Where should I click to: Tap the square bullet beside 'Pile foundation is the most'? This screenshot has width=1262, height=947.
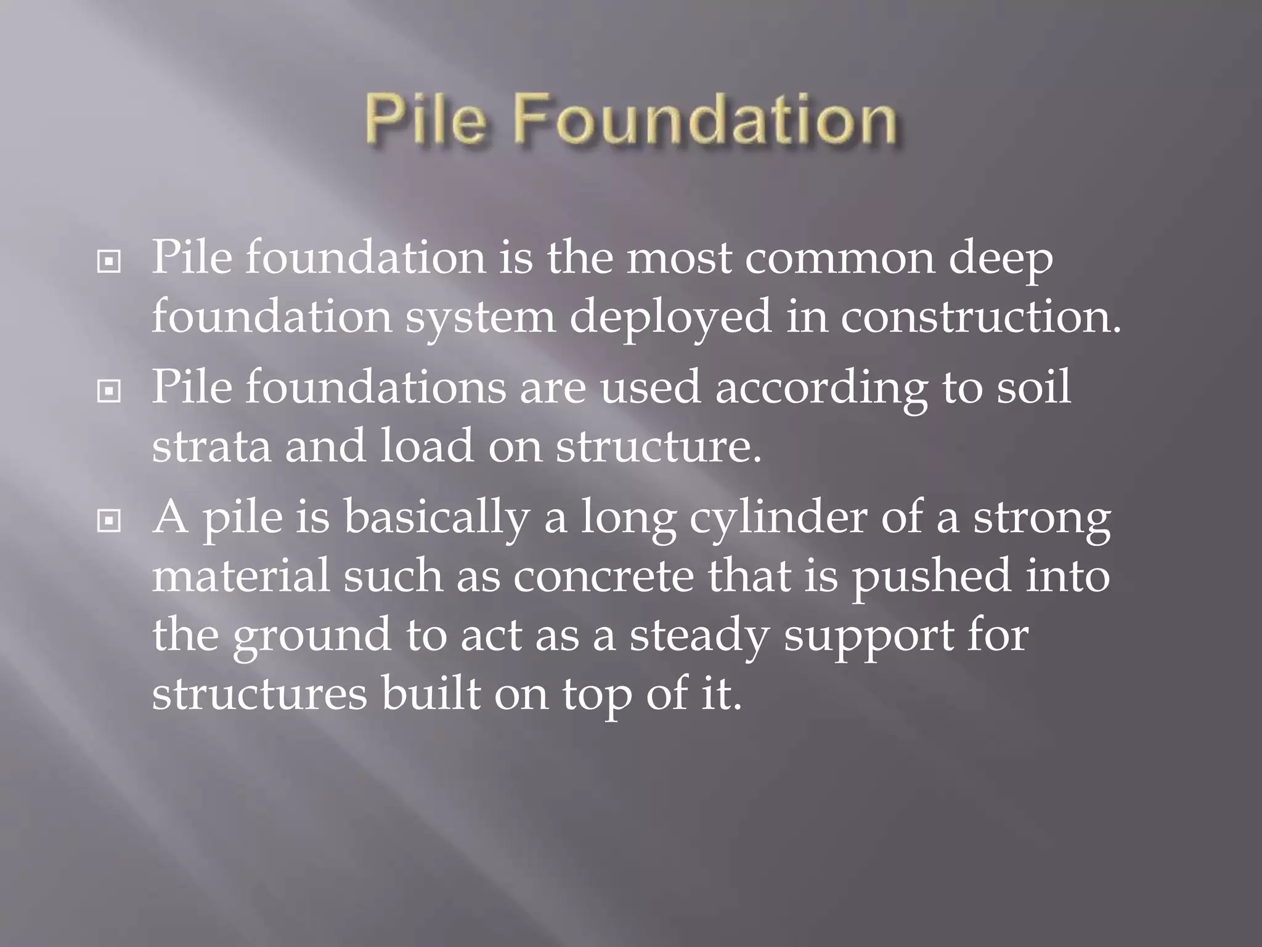tap(108, 262)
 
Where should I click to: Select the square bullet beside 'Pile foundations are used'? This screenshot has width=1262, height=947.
tap(108, 391)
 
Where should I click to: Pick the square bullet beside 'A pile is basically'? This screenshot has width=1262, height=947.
tap(108, 521)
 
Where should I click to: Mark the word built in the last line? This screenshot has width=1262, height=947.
tap(430, 694)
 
